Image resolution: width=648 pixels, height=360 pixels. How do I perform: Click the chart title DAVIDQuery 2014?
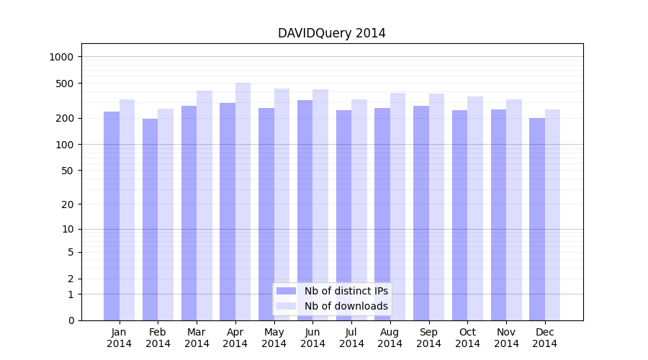(331, 34)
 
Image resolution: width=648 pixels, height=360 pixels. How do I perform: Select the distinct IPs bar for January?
(112, 216)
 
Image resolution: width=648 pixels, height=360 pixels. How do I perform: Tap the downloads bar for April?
(243, 202)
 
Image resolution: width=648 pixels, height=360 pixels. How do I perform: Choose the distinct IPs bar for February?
(150, 220)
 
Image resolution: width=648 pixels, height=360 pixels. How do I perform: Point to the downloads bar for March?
(204, 205)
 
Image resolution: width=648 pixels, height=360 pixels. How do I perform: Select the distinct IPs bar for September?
(420, 213)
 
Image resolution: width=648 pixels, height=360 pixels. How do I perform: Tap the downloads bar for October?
(475, 209)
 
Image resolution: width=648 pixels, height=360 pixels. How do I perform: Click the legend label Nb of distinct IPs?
(346, 291)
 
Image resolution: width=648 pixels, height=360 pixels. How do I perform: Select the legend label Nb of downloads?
(346, 306)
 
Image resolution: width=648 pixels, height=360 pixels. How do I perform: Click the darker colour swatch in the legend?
(287, 291)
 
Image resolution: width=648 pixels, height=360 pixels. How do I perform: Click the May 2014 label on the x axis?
(274, 338)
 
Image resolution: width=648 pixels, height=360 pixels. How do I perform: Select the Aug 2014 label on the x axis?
(390, 338)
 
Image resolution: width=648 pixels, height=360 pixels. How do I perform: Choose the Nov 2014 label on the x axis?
(506, 338)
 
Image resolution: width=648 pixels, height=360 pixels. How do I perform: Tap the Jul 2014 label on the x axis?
(351, 338)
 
